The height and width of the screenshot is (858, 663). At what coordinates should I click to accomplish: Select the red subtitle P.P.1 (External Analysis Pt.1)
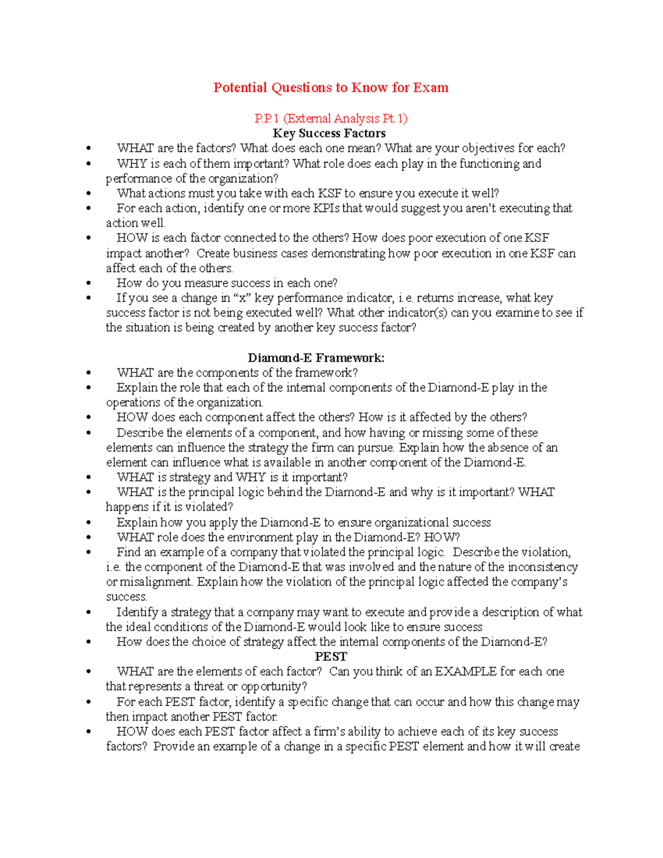[x=330, y=118]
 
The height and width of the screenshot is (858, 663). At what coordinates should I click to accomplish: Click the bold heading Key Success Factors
[x=329, y=133]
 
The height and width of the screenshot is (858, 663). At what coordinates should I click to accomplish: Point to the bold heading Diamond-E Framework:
[x=316, y=358]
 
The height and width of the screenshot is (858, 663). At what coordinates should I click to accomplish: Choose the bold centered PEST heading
[x=331, y=656]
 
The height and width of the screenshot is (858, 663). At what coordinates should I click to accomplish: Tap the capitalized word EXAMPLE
[x=465, y=672]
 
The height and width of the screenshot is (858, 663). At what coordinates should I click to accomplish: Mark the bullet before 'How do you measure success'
[x=88, y=283]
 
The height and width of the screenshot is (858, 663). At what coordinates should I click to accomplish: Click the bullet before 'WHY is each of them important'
[x=88, y=164]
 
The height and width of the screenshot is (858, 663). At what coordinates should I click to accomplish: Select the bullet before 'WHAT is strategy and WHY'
[x=88, y=478]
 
